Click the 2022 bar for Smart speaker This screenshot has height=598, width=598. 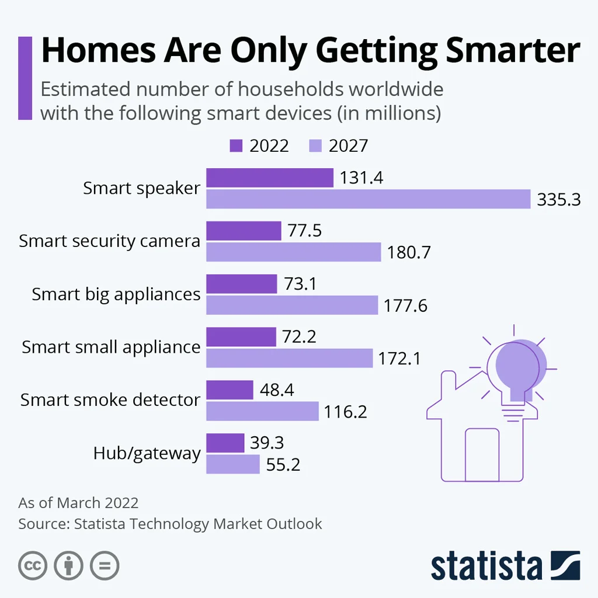pyautogui.click(x=270, y=178)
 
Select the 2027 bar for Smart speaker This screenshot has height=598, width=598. pyautogui.click(x=368, y=199)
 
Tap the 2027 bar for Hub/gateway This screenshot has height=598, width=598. pyautogui.click(x=233, y=464)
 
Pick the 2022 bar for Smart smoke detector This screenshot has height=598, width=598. pyautogui.click(x=230, y=390)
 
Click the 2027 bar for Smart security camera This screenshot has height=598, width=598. pyautogui.click(x=294, y=252)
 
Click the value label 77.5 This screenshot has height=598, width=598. pyautogui.click(x=304, y=231)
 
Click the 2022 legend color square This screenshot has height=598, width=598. pyautogui.click(x=237, y=145)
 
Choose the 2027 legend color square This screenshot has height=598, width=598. pyautogui.click(x=315, y=145)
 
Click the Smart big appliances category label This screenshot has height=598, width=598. pyautogui.click(x=116, y=294)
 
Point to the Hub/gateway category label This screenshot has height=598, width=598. pyautogui.click(x=147, y=453)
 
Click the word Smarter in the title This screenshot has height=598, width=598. pyautogui.click(x=513, y=51)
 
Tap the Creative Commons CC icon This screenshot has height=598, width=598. pyautogui.click(x=33, y=565)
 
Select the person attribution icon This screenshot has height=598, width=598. pyautogui.click(x=68, y=565)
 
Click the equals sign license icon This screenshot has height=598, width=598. pyautogui.click(x=104, y=565)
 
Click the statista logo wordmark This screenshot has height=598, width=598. pyautogui.click(x=487, y=565)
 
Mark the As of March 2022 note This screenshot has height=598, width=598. pyautogui.click(x=78, y=503)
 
